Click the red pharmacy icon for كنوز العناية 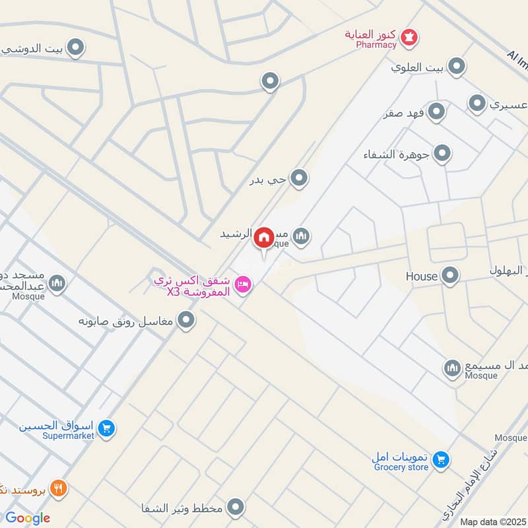410,36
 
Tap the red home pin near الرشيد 265,238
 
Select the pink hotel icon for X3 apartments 243,284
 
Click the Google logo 27,518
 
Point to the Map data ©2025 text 493,521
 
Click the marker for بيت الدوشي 77,48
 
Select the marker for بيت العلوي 456,66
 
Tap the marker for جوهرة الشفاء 443,154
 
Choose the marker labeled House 450,275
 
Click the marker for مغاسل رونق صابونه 187,321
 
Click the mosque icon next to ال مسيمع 452,368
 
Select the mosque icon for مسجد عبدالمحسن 57,283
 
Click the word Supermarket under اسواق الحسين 69,436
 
